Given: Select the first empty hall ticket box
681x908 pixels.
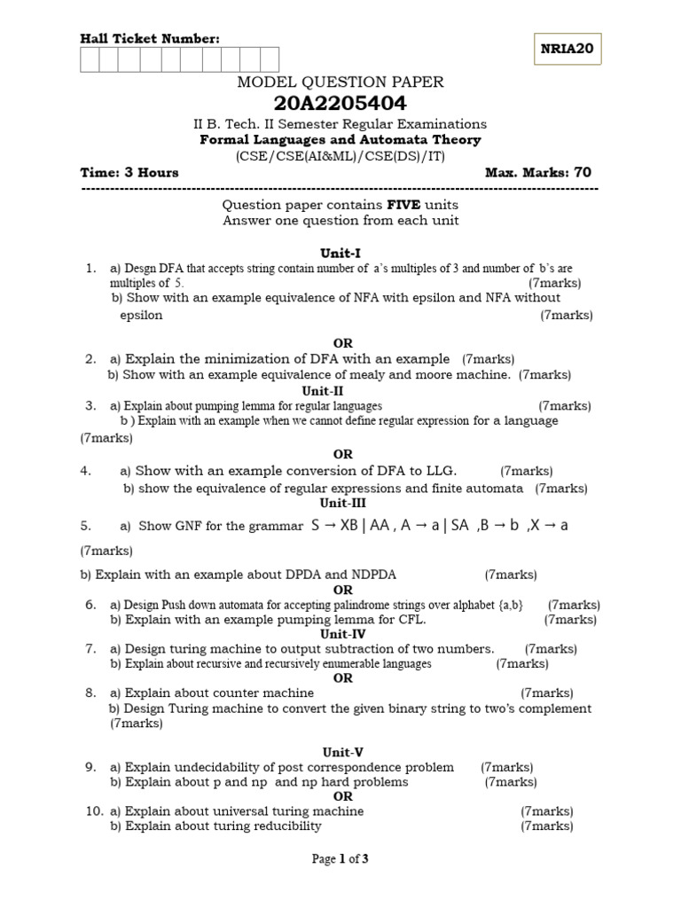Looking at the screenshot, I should tap(90, 59).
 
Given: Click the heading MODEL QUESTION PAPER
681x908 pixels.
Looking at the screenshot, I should tap(340, 82).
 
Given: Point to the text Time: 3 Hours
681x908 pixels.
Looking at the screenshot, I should tap(129, 172).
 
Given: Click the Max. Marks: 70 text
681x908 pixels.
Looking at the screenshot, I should tap(538, 172).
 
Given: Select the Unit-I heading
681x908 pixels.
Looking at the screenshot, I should tap(341, 252).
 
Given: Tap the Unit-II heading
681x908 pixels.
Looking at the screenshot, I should tap(323, 390).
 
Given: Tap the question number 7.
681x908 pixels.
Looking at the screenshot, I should tap(90, 648).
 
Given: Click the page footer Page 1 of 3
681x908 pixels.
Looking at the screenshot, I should tap(340, 858).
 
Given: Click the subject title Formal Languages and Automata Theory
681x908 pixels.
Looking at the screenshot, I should tap(340, 140).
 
